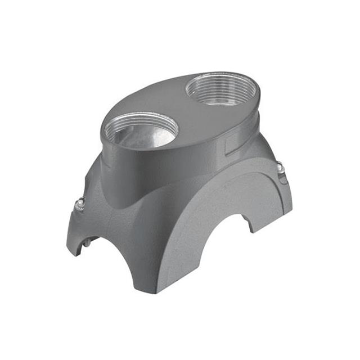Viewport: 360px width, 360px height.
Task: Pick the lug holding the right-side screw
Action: tap(281, 174)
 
